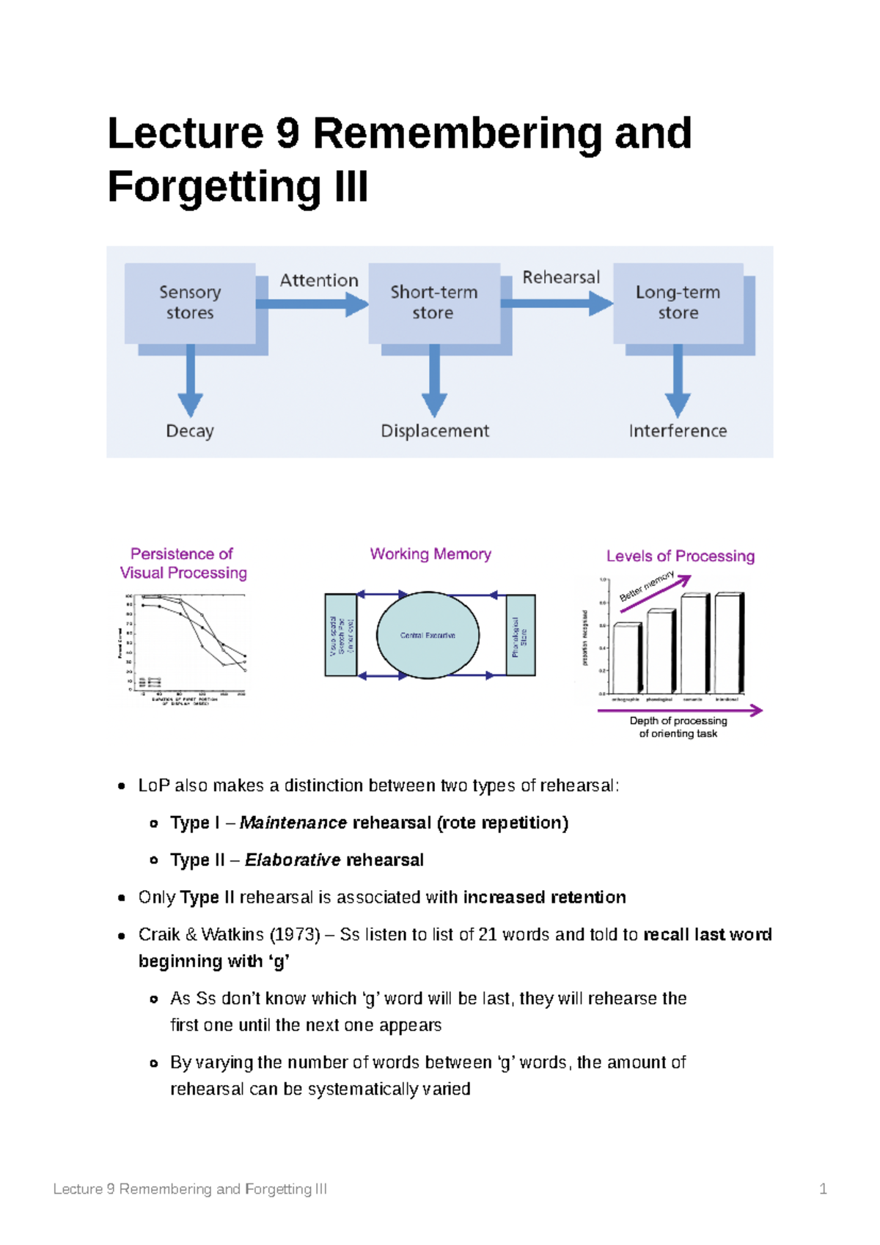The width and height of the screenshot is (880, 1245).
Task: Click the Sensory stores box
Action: [x=190, y=303]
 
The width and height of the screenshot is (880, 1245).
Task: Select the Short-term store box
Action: [x=433, y=303]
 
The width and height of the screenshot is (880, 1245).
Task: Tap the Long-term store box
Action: [x=678, y=303]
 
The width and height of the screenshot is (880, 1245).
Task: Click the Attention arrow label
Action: [x=319, y=281]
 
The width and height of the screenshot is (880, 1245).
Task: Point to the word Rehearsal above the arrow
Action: [x=561, y=278]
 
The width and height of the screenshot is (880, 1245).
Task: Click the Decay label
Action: [x=190, y=431]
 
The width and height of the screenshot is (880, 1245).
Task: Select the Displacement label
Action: [x=435, y=431]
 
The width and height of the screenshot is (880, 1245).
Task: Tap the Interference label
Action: [x=678, y=431]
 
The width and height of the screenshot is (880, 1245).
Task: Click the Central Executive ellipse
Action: [x=428, y=635]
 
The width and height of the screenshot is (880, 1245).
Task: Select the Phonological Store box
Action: [x=521, y=635]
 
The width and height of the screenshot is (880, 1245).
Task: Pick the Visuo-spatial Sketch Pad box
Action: [x=341, y=635]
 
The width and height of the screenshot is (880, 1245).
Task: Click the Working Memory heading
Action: [x=430, y=554]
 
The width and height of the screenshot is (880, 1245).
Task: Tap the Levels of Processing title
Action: [x=681, y=557]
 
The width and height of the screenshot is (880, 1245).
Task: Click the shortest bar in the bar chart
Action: [x=627, y=658]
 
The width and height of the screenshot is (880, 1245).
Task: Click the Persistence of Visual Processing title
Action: [x=183, y=563]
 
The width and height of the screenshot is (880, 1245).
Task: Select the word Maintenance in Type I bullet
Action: [x=293, y=823]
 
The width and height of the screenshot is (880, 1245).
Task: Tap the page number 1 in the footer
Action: [x=823, y=1189]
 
